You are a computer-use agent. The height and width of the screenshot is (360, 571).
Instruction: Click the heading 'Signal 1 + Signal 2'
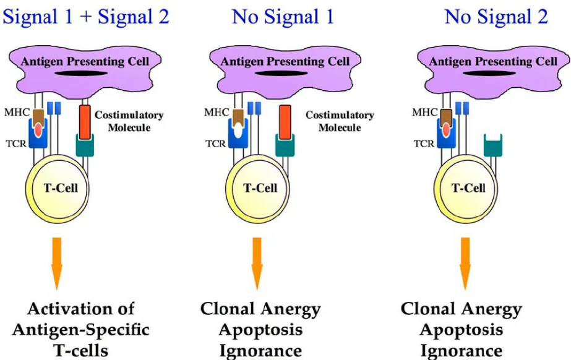[85, 16]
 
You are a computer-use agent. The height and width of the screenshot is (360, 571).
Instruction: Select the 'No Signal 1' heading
[283, 16]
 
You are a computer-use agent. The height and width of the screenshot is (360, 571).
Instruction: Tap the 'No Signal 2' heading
[496, 16]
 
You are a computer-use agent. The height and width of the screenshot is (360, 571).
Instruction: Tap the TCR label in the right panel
[424, 143]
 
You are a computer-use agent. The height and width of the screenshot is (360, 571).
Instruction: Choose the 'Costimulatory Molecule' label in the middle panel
[340, 121]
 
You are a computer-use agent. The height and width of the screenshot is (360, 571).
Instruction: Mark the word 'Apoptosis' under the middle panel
[260, 330]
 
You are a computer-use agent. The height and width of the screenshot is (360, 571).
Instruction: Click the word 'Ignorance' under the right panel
[462, 351]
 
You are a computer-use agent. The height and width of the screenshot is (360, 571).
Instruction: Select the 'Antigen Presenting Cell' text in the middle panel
[285, 61]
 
